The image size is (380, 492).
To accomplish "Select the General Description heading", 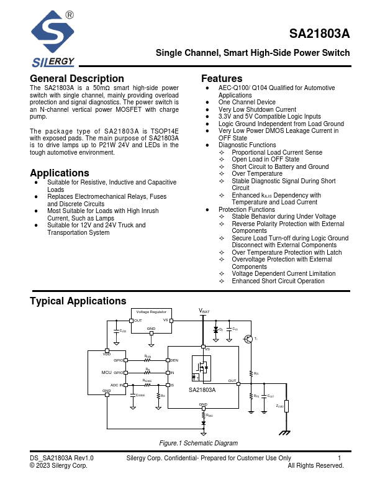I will click(77, 79).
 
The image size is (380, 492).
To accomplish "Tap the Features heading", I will click(222, 79).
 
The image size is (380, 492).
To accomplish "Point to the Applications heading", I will click(60, 173).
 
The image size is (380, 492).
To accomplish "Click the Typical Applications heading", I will click(78, 301).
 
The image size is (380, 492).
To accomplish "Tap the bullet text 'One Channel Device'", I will click(247, 102).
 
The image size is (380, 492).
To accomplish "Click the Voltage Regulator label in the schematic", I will click(151, 311).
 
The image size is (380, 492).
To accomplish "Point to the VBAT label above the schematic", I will click(204, 310).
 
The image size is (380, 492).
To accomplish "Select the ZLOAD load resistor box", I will click(286, 406).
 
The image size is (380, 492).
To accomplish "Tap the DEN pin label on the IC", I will click(174, 360).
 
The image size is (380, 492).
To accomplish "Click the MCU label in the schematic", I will click(106, 373).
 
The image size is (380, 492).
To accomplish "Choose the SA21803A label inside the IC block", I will click(202, 389).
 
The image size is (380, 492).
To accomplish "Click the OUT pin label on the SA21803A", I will click(232, 381).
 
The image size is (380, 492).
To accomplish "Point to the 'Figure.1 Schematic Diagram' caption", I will click(199, 443).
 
